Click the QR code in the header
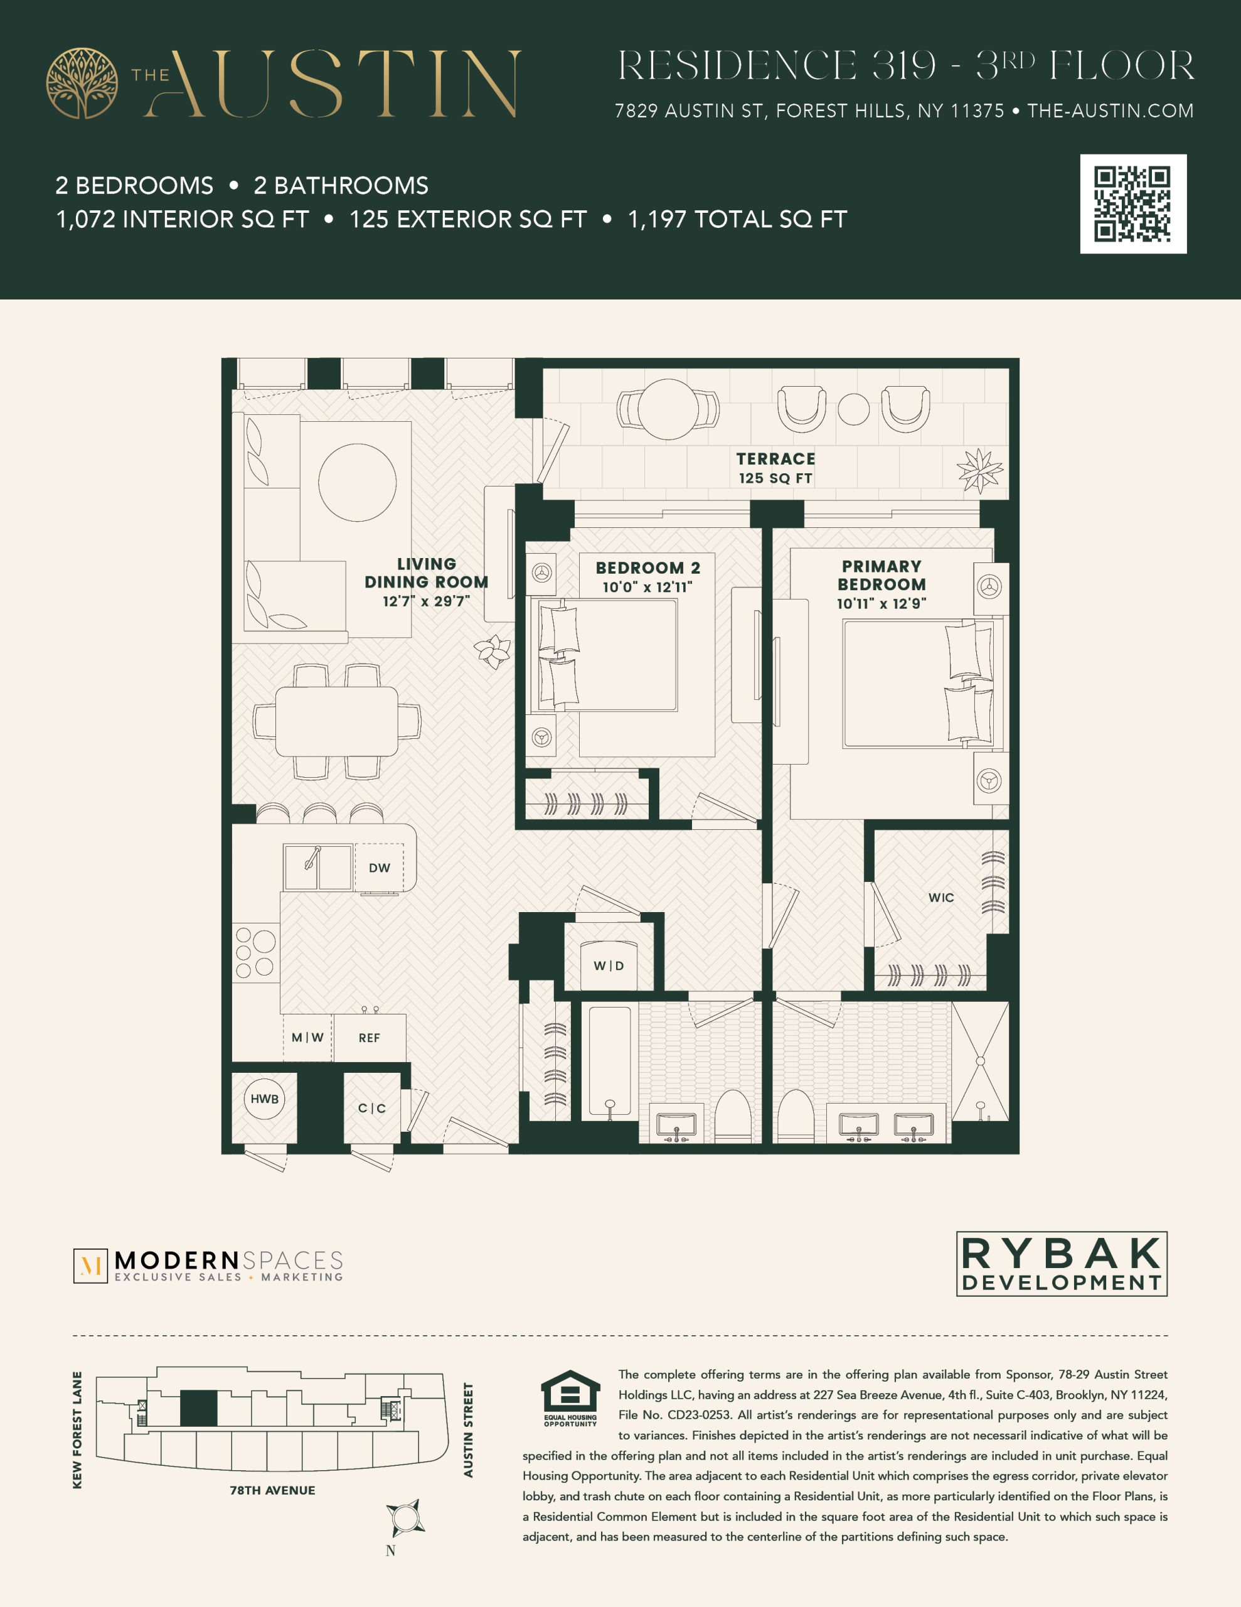[x=1133, y=204]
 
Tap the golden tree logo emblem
[x=82, y=83]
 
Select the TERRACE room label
[x=776, y=459]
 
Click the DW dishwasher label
[x=380, y=868]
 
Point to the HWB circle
[x=264, y=1099]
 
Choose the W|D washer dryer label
[x=609, y=966]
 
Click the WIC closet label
[x=941, y=898]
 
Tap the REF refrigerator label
[x=370, y=1038]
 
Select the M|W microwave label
[x=307, y=1038]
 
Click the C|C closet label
[x=372, y=1108]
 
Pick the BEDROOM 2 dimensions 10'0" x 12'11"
[x=647, y=587]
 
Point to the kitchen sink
[x=318, y=867]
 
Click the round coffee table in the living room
[x=358, y=483]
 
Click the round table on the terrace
[x=668, y=410]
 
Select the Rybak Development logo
[x=1062, y=1264]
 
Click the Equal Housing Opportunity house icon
[x=570, y=1390]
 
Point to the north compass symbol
[x=405, y=1518]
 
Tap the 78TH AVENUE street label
[x=272, y=1490]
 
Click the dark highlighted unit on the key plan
[x=199, y=1407]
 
